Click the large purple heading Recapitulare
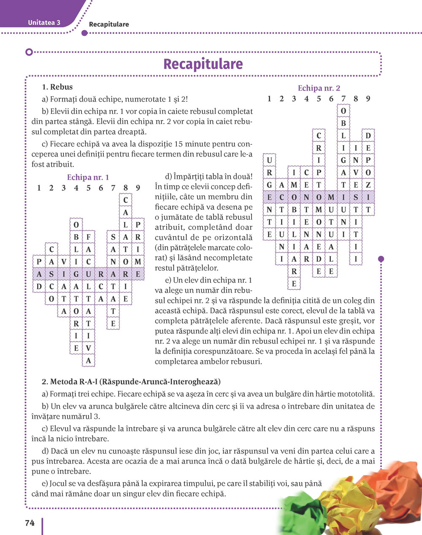pyautogui.click(x=203, y=64)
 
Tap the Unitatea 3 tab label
pyautogui.click(x=44, y=23)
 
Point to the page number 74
pyautogui.click(x=30, y=523)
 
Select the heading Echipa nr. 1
pyautogui.click(x=88, y=177)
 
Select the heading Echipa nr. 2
pyautogui.click(x=319, y=88)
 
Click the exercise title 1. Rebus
pyautogui.click(x=57, y=87)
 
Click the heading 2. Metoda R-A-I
pyautogui.click(x=131, y=382)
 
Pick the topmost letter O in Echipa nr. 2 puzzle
pyautogui.click(x=344, y=111)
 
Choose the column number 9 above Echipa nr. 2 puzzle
pyautogui.click(x=368, y=99)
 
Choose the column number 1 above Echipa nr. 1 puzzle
pyautogui.click(x=39, y=188)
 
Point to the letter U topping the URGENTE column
pyautogui.click(x=269, y=160)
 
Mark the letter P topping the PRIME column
pyautogui.click(x=138, y=225)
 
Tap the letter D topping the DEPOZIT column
pyautogui.click(x=368, y=136)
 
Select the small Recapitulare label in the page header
pyautogui.click(x=109, y=24)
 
